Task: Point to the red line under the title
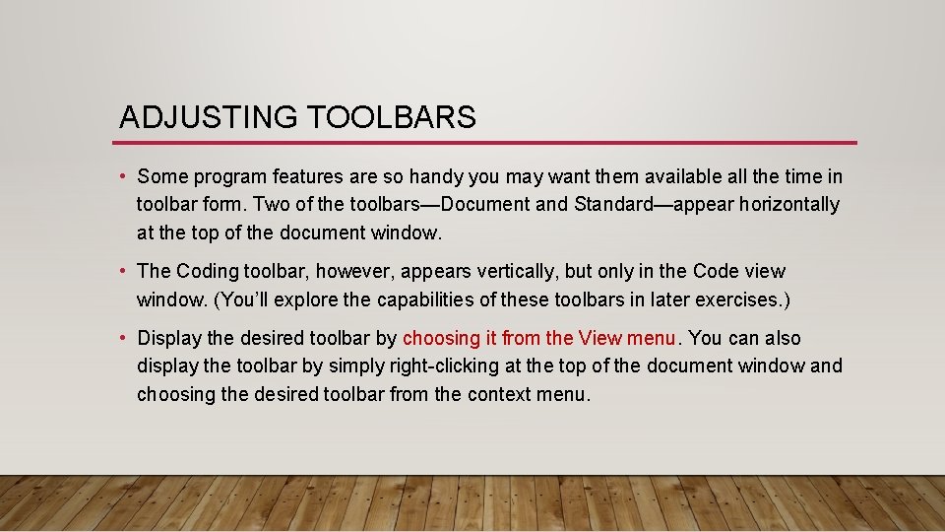tap(487, 143)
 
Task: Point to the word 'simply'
tap(356, 366)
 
